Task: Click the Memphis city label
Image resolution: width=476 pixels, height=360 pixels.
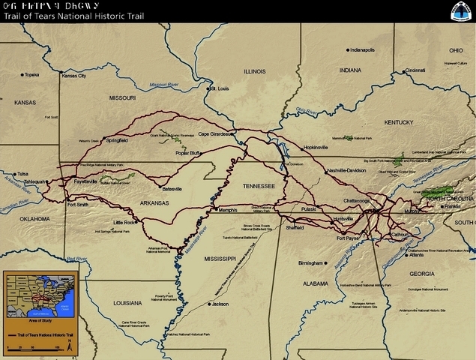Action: (228, 210)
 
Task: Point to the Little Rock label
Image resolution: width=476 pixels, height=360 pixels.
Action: (124, 223)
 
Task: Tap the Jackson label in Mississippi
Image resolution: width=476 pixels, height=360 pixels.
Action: (220, 304)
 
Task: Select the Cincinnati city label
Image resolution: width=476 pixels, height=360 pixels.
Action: (415, 70)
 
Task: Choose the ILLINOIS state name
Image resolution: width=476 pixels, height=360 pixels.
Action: (255, 71)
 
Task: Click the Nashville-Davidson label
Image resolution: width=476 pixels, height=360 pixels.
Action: (346, 171)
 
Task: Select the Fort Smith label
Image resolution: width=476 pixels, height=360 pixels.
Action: (78, 204)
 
